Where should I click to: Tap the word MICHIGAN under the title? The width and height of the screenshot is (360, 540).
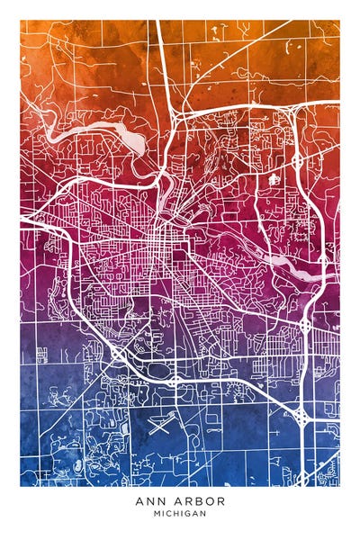(180, 513)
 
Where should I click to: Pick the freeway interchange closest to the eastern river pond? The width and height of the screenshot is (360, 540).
(306, 321)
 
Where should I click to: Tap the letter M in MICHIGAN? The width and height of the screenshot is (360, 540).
(157, 513)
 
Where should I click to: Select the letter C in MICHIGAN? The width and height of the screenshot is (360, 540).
(169, 513)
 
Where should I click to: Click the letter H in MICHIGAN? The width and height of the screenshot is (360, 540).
(176, 513)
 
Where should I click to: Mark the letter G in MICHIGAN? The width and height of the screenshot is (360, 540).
(188, 513)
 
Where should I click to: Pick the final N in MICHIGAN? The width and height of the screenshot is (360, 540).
(203, 513)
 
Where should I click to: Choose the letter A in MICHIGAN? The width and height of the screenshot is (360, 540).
(195, 513)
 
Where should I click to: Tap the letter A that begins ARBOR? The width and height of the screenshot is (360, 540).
(178, 500)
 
